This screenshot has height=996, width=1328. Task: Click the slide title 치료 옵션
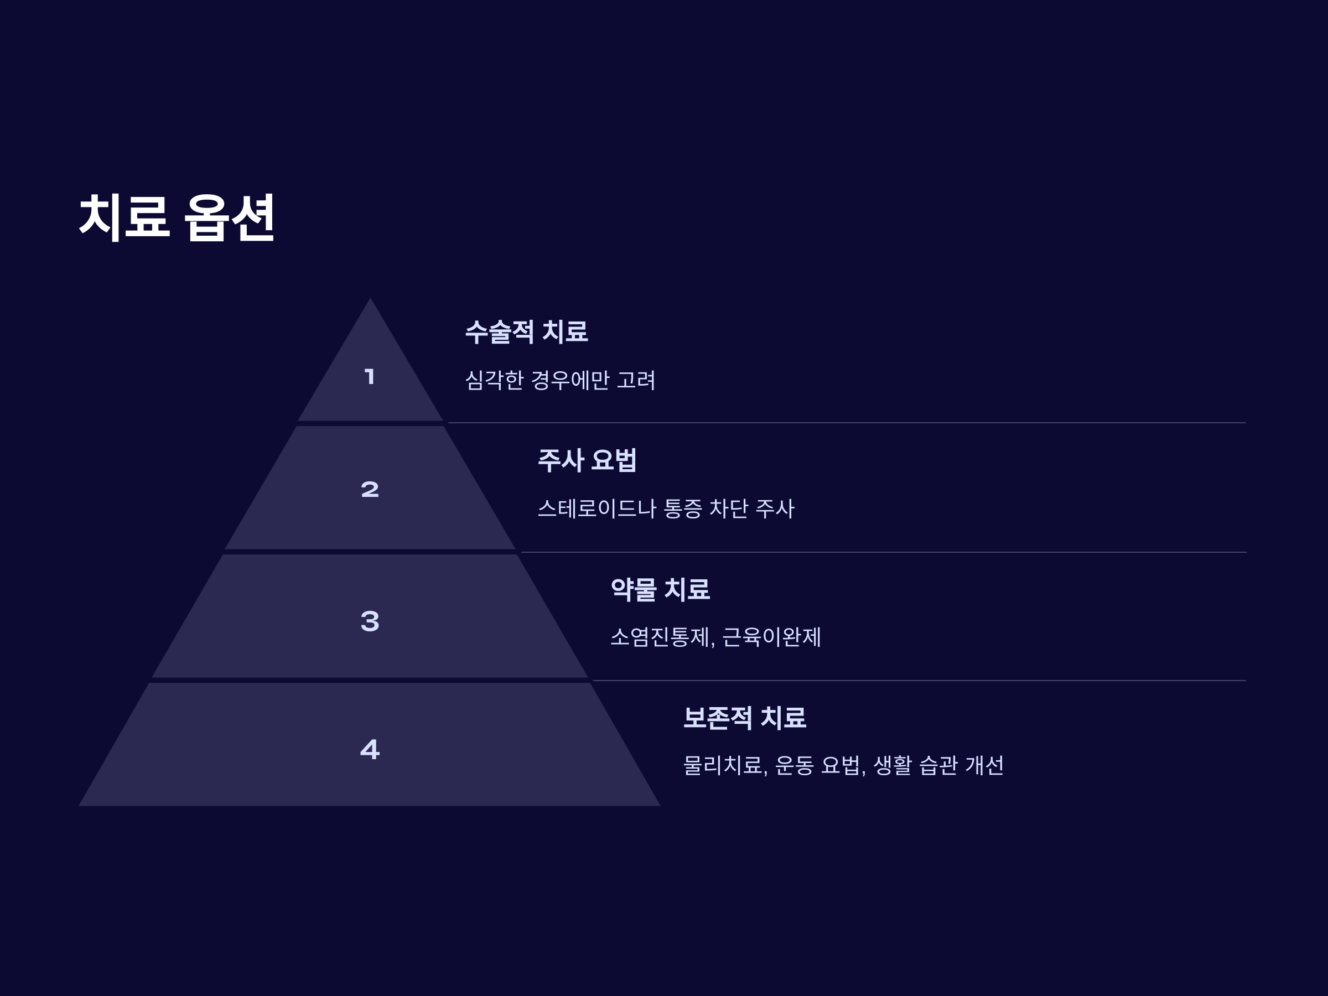(177, 217)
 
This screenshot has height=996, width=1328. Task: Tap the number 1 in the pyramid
(370, 377)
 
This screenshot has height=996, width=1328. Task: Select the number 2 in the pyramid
(370, 489)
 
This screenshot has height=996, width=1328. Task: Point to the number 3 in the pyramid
(370, 621)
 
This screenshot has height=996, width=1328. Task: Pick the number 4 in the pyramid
(370, 749)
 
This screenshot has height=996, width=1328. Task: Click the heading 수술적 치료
(527, 331)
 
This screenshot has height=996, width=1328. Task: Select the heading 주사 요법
(587, 460)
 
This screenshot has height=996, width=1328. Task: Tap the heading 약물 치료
(660, 589)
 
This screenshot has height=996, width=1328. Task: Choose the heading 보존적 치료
(744, 718)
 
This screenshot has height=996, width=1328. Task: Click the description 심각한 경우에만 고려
(560, 380)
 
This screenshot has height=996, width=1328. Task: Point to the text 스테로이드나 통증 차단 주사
(666, 509)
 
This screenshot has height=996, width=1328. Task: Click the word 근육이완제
(771, 637)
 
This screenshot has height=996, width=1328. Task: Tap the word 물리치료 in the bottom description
(723, 765)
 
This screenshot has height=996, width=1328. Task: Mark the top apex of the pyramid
(370, 299)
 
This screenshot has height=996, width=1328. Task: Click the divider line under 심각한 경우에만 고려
(841, 423)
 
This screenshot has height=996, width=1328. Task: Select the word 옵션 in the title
(229, 217)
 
